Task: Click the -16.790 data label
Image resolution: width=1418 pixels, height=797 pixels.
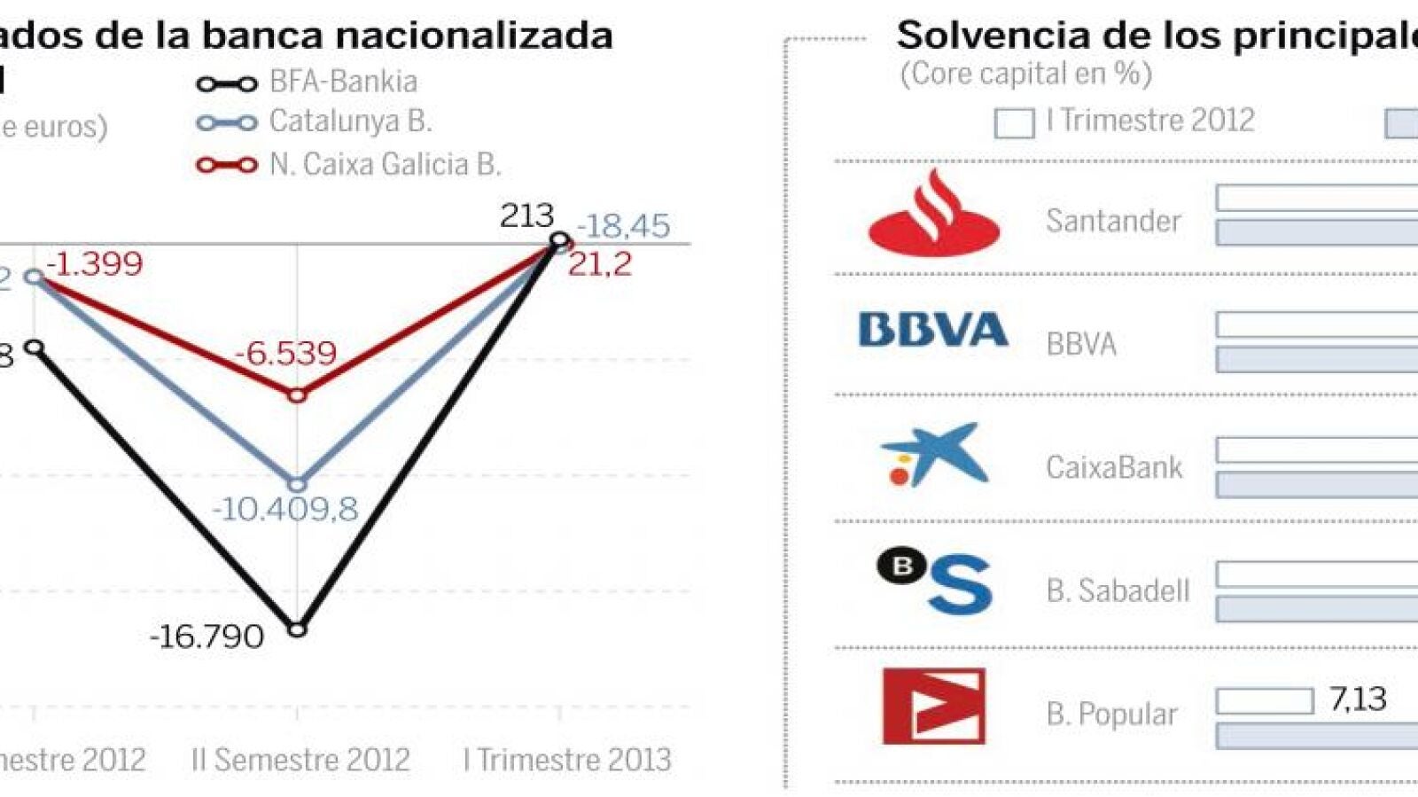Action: pyautogui.click(x=207, y=637)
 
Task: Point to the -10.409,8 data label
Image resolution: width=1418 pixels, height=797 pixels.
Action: pyautogui.click(x=285, y=509)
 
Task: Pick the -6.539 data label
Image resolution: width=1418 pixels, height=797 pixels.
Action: pyautogui.click(x=285, y=354)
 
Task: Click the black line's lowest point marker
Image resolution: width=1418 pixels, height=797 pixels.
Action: pyautogui.click(x=298, y=629)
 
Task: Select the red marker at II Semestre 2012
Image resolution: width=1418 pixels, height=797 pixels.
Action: pyautogui.click(x=298, y=395)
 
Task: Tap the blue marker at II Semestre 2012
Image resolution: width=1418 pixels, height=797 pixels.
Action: pyautogui.click(x=298, y=485)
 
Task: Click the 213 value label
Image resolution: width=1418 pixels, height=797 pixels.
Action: pyautogui.click(x=526, y=215)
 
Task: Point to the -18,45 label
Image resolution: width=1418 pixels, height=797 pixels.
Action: pyautogui.click(x=624, y=226)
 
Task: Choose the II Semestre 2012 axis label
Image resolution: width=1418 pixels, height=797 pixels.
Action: pyautogui.click(x=300, y=760)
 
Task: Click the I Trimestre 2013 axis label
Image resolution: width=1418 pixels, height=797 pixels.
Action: pyautogui.click(x=567, y=760)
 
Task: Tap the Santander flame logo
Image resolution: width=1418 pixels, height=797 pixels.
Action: pyautogui.click(x=934, y=214)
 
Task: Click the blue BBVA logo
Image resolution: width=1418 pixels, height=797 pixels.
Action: pyautogui.click(x=933, y=330)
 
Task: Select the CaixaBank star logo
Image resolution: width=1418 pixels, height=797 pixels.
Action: pyautogui.click(x=934, y=456)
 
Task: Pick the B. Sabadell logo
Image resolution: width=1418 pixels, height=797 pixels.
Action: pyautogui.click(x=934, y=582)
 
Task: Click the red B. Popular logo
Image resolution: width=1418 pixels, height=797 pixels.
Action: pyautogui.click(x=934, y=707)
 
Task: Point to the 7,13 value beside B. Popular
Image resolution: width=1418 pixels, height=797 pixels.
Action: pyautogui.click(x=1357, y=699)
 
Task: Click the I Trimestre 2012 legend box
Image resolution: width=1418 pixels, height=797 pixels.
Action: pyautogui.click(x=1014, y=123)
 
